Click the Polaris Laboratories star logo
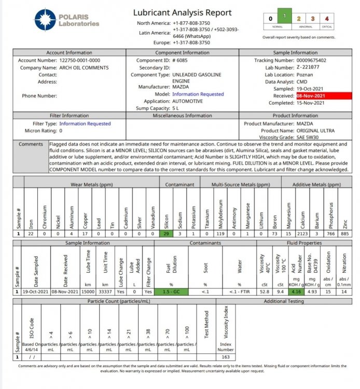click(x=46, y=20)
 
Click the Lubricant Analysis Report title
click(x=182, y=12)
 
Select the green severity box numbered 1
click(x=284, y=17)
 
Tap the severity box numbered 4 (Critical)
click(x=327, y=18)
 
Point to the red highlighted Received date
click(x=311, y=96)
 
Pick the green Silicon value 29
click(x=167, y=233)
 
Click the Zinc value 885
click(x=344, y=233)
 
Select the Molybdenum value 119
click(x=221, y=233)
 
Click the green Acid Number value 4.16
click(x=295, y=291)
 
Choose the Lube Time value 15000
click(x=87, y=291)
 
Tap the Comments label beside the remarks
click(x=31, y=144)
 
